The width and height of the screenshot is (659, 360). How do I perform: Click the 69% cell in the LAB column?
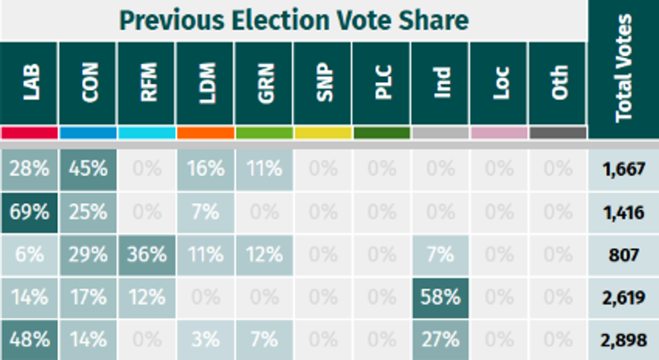pyautogui.click(x=30, y=212)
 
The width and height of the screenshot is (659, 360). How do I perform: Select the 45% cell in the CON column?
pyautogui.click(x=88, y=168)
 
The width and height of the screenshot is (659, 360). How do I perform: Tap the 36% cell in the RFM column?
pyautogui.click(x=147, y=255)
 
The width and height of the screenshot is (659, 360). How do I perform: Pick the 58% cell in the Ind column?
pyautogui.click(x=440, y=297)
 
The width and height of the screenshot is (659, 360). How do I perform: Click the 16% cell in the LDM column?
pyautogui.click(x=206, y=168)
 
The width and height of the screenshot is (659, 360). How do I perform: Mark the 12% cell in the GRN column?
pyautogui.click(x=264, y=255)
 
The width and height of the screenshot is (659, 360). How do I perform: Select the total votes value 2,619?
pyautogui.click(x=623, y=297)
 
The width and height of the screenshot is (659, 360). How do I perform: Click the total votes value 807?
pyautogui.click(x=623, y=255)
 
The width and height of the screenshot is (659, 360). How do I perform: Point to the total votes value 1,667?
pyautogui.click(x=623, y=168)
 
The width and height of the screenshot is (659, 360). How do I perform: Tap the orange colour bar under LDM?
pyautogui.click(x=206, y=133)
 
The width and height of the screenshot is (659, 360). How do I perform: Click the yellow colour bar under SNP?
pyautogui.click(x=323, y=133)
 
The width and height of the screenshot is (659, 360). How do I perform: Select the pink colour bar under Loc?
pyautogui.click(x=499, y=133)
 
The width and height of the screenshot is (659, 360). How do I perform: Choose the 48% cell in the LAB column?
pyautogui.click(x=30, y=340)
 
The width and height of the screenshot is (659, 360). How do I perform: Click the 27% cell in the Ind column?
pyautogui.click(x=440, y=340)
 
